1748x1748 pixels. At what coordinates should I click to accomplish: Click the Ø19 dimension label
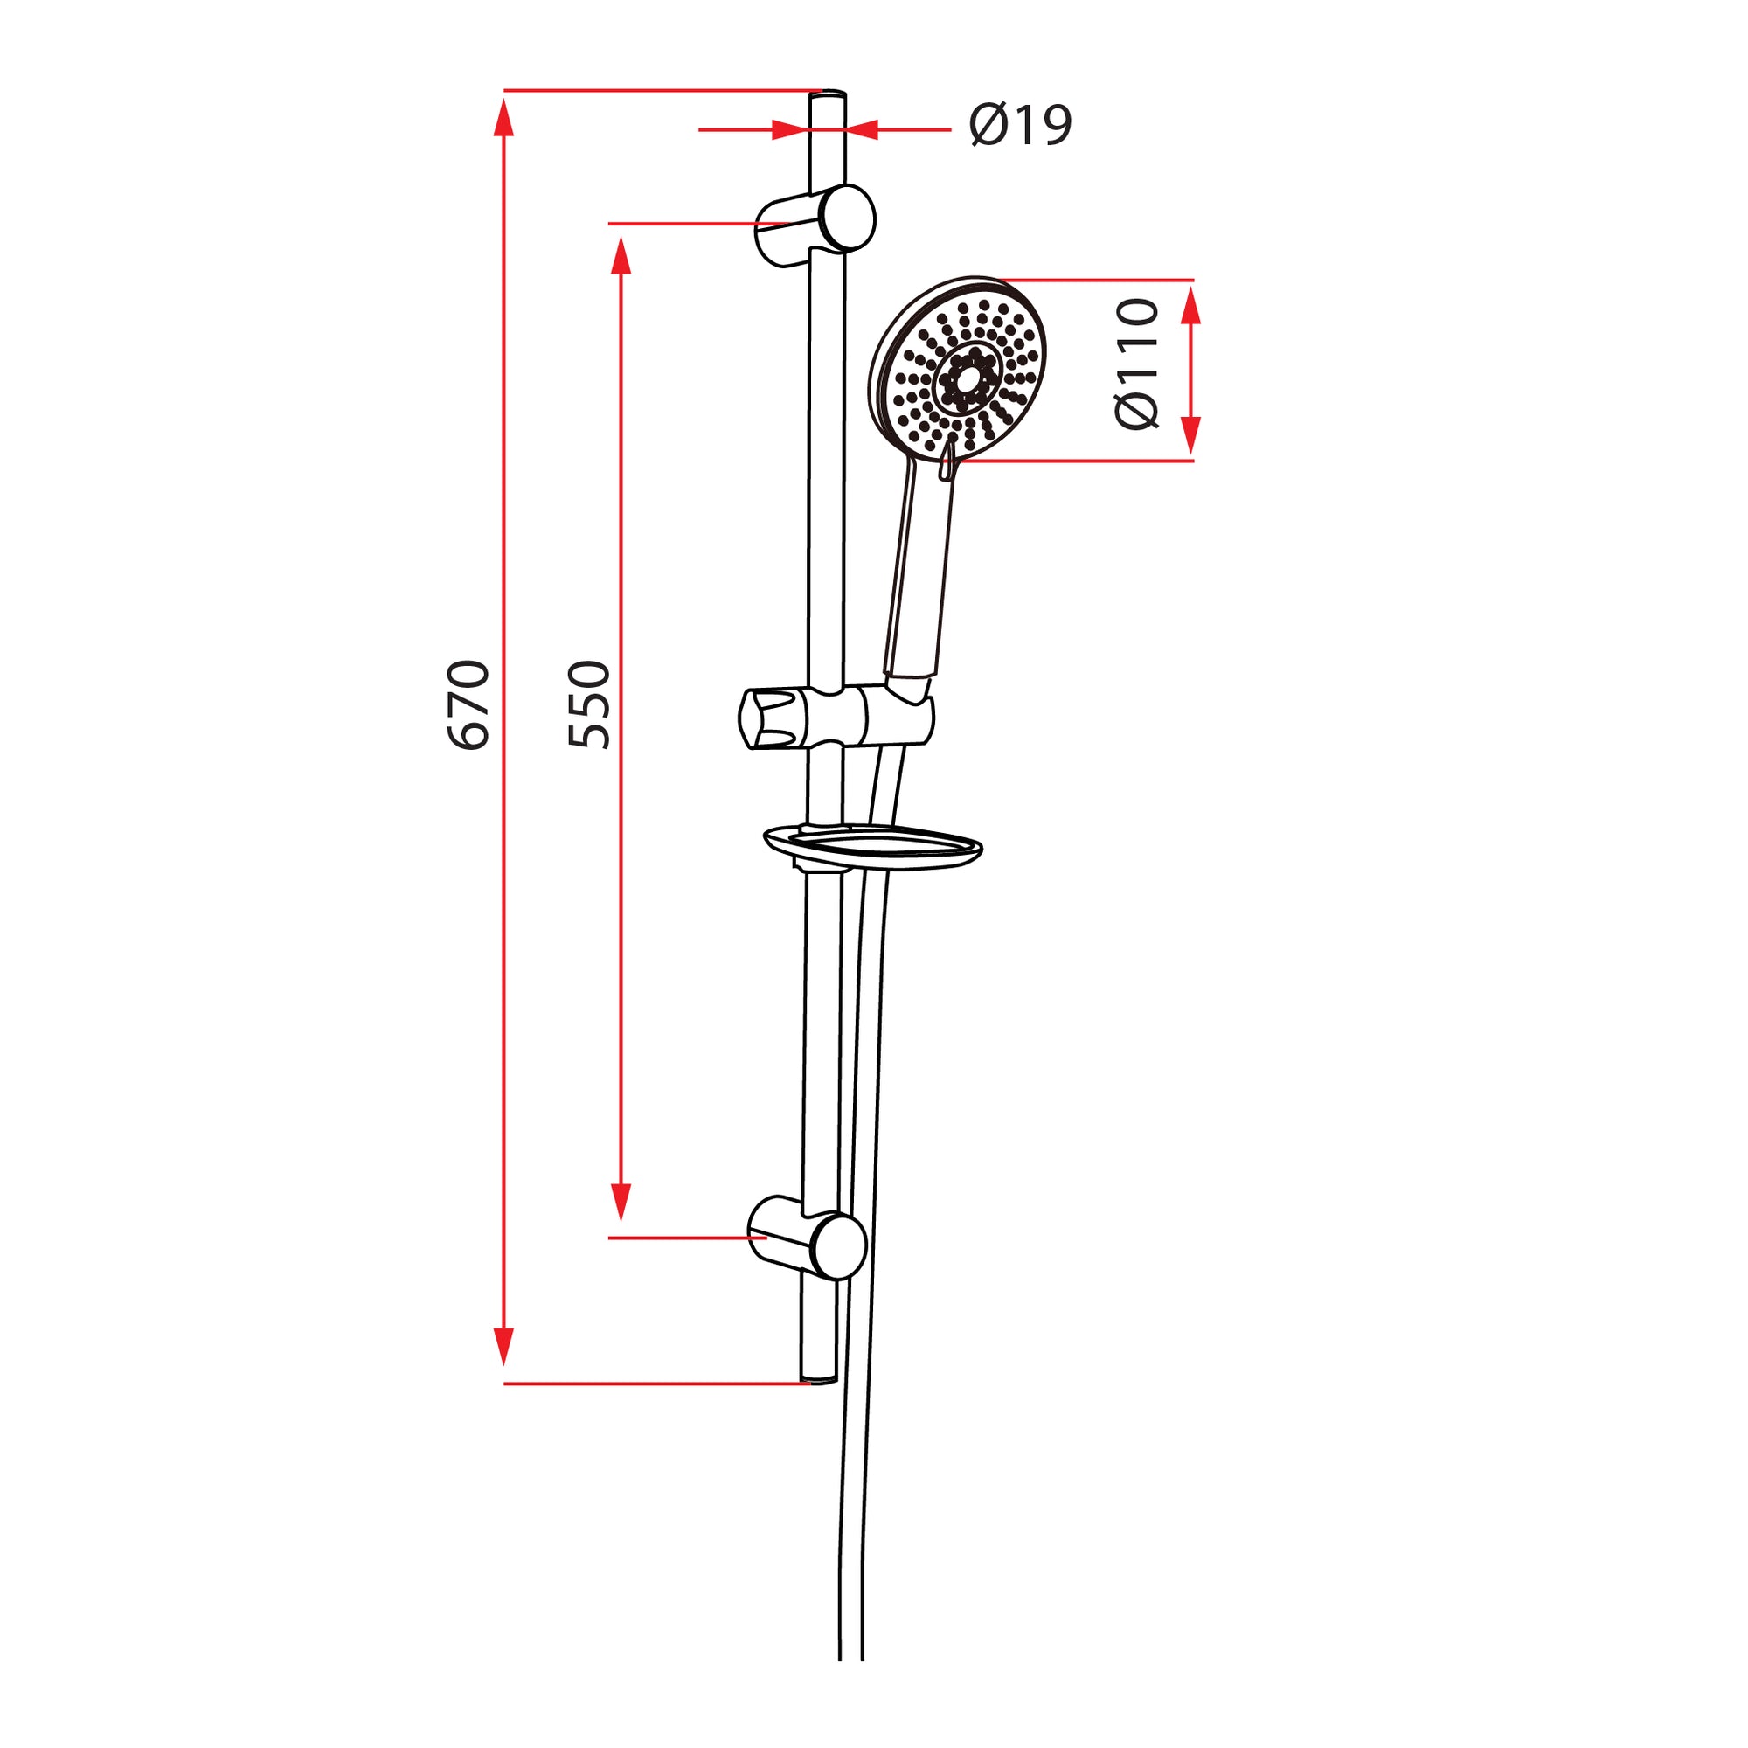point(1020,125)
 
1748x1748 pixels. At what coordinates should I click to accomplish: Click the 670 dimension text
point(468,705)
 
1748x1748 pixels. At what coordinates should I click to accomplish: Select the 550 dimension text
point(589,705)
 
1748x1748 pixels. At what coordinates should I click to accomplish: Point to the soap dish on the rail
point(873,847)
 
